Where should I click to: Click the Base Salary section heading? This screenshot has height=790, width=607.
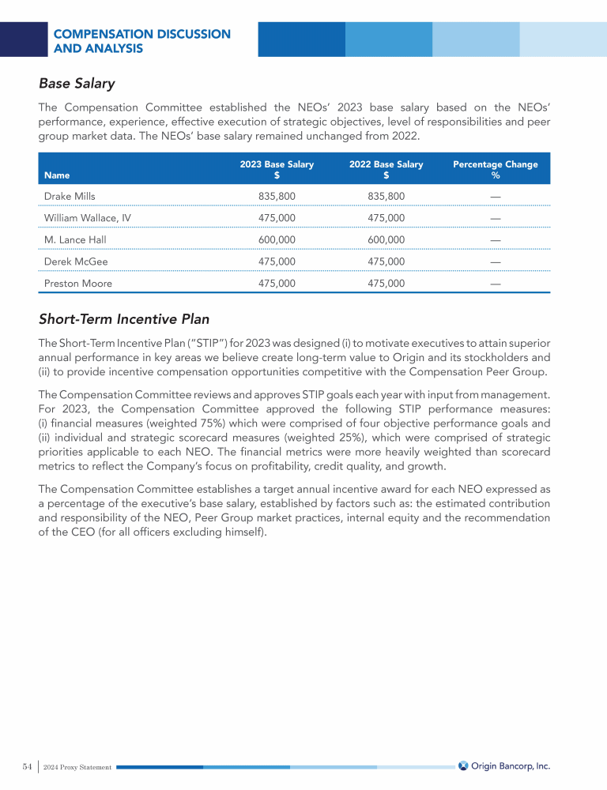click(77, 83)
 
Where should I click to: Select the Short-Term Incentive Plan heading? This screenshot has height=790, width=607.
click(124, 319)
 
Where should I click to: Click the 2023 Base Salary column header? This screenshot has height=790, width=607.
click(277, 169)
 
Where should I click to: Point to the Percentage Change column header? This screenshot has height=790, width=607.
click(495, 169)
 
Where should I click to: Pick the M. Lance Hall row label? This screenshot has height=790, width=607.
click(75, 239)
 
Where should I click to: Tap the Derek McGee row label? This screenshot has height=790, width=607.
click(76, 261)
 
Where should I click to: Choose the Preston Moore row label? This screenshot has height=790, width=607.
click(78, 283)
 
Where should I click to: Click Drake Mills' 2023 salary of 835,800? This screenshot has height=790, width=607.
click(277, 196)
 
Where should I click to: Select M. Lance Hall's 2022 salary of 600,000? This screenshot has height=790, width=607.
click(386, 239)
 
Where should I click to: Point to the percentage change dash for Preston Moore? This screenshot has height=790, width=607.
click(495, 283)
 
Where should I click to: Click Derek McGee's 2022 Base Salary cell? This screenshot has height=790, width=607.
click(386, 261)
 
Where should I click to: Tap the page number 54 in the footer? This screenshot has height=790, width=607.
click(27, 766)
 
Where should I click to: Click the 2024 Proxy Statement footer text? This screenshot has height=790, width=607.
click(77, 767)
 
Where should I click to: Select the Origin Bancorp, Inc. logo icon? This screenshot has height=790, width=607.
click(464, 766)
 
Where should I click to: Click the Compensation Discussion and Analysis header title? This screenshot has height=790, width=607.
click(142, 41)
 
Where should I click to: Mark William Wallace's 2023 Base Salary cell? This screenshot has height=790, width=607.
click(277, 218)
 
